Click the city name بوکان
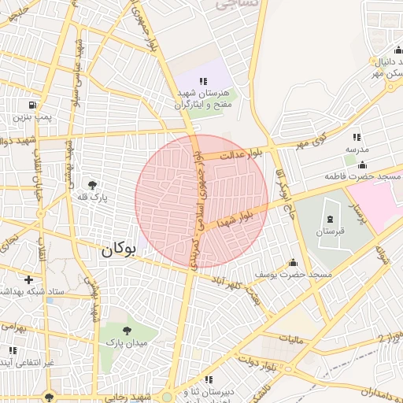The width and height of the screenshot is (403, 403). (x=118, y=250)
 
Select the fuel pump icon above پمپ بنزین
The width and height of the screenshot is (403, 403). (x=31, y=105)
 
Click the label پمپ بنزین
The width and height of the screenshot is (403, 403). (x=31, y=117)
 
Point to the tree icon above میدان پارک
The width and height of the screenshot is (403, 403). (x=128, y=331)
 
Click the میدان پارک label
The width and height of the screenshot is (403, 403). (x=128, y=343)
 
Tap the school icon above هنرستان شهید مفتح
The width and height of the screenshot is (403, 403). (x=203, y=81)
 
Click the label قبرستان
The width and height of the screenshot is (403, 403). (x=331, y=232)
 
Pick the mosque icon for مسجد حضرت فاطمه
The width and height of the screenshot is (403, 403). (x=361, y=165)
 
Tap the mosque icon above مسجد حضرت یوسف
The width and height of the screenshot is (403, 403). (x=294, y=262)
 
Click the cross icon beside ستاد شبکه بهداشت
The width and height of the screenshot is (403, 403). (x=29, y=279)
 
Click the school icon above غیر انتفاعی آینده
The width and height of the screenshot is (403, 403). (x=12, y=350)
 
